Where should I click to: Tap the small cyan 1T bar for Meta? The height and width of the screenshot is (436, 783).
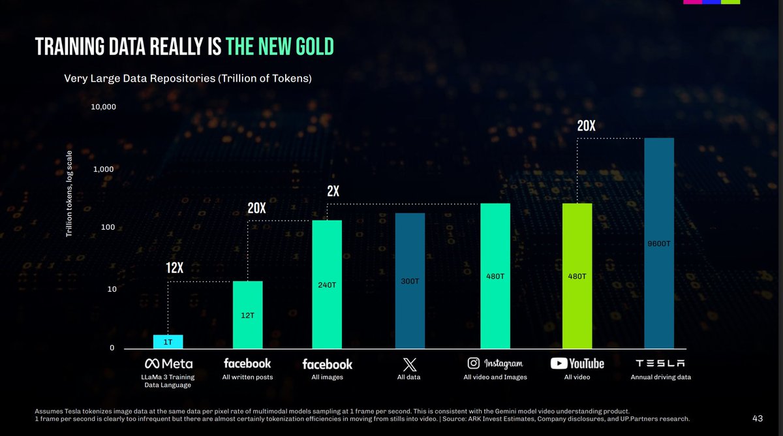pyautogui.click(x=168, y=341)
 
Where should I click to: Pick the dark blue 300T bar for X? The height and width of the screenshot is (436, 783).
pyautogui.click(x=410, y=281)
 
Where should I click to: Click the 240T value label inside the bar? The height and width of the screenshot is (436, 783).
pyautogui.click(x=327, y=285)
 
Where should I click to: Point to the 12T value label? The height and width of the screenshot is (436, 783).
pyautogui.click(x=247, y=315)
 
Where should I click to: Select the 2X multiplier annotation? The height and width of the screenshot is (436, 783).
pyautogui.click(x=333, y=191)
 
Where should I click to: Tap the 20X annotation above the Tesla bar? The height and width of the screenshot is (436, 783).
pyautogui.click(x=586, y=126)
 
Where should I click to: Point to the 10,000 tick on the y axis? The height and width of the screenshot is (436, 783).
pyautogui.click(x=103, y=106)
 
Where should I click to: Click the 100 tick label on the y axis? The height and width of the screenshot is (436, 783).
pyautogui.click(x=108, y=227)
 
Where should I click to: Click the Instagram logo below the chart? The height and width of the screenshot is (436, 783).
pyautogui.click(x=495, y=364)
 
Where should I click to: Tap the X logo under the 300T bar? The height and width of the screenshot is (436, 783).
pyautogui.click(x=410, y=364)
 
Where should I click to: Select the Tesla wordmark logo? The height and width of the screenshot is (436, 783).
pyautogui.click(x=660, y=364)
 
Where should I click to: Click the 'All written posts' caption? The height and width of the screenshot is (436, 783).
pyautogui.click(x=247, y=377)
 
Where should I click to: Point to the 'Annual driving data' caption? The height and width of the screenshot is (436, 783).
pyautogui.click(x=660, y=377)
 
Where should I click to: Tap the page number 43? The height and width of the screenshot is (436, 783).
pyautogui.click(x=757, y=418)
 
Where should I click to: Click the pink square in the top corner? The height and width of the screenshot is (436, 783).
pyautogui.click(x=692, y=2)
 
